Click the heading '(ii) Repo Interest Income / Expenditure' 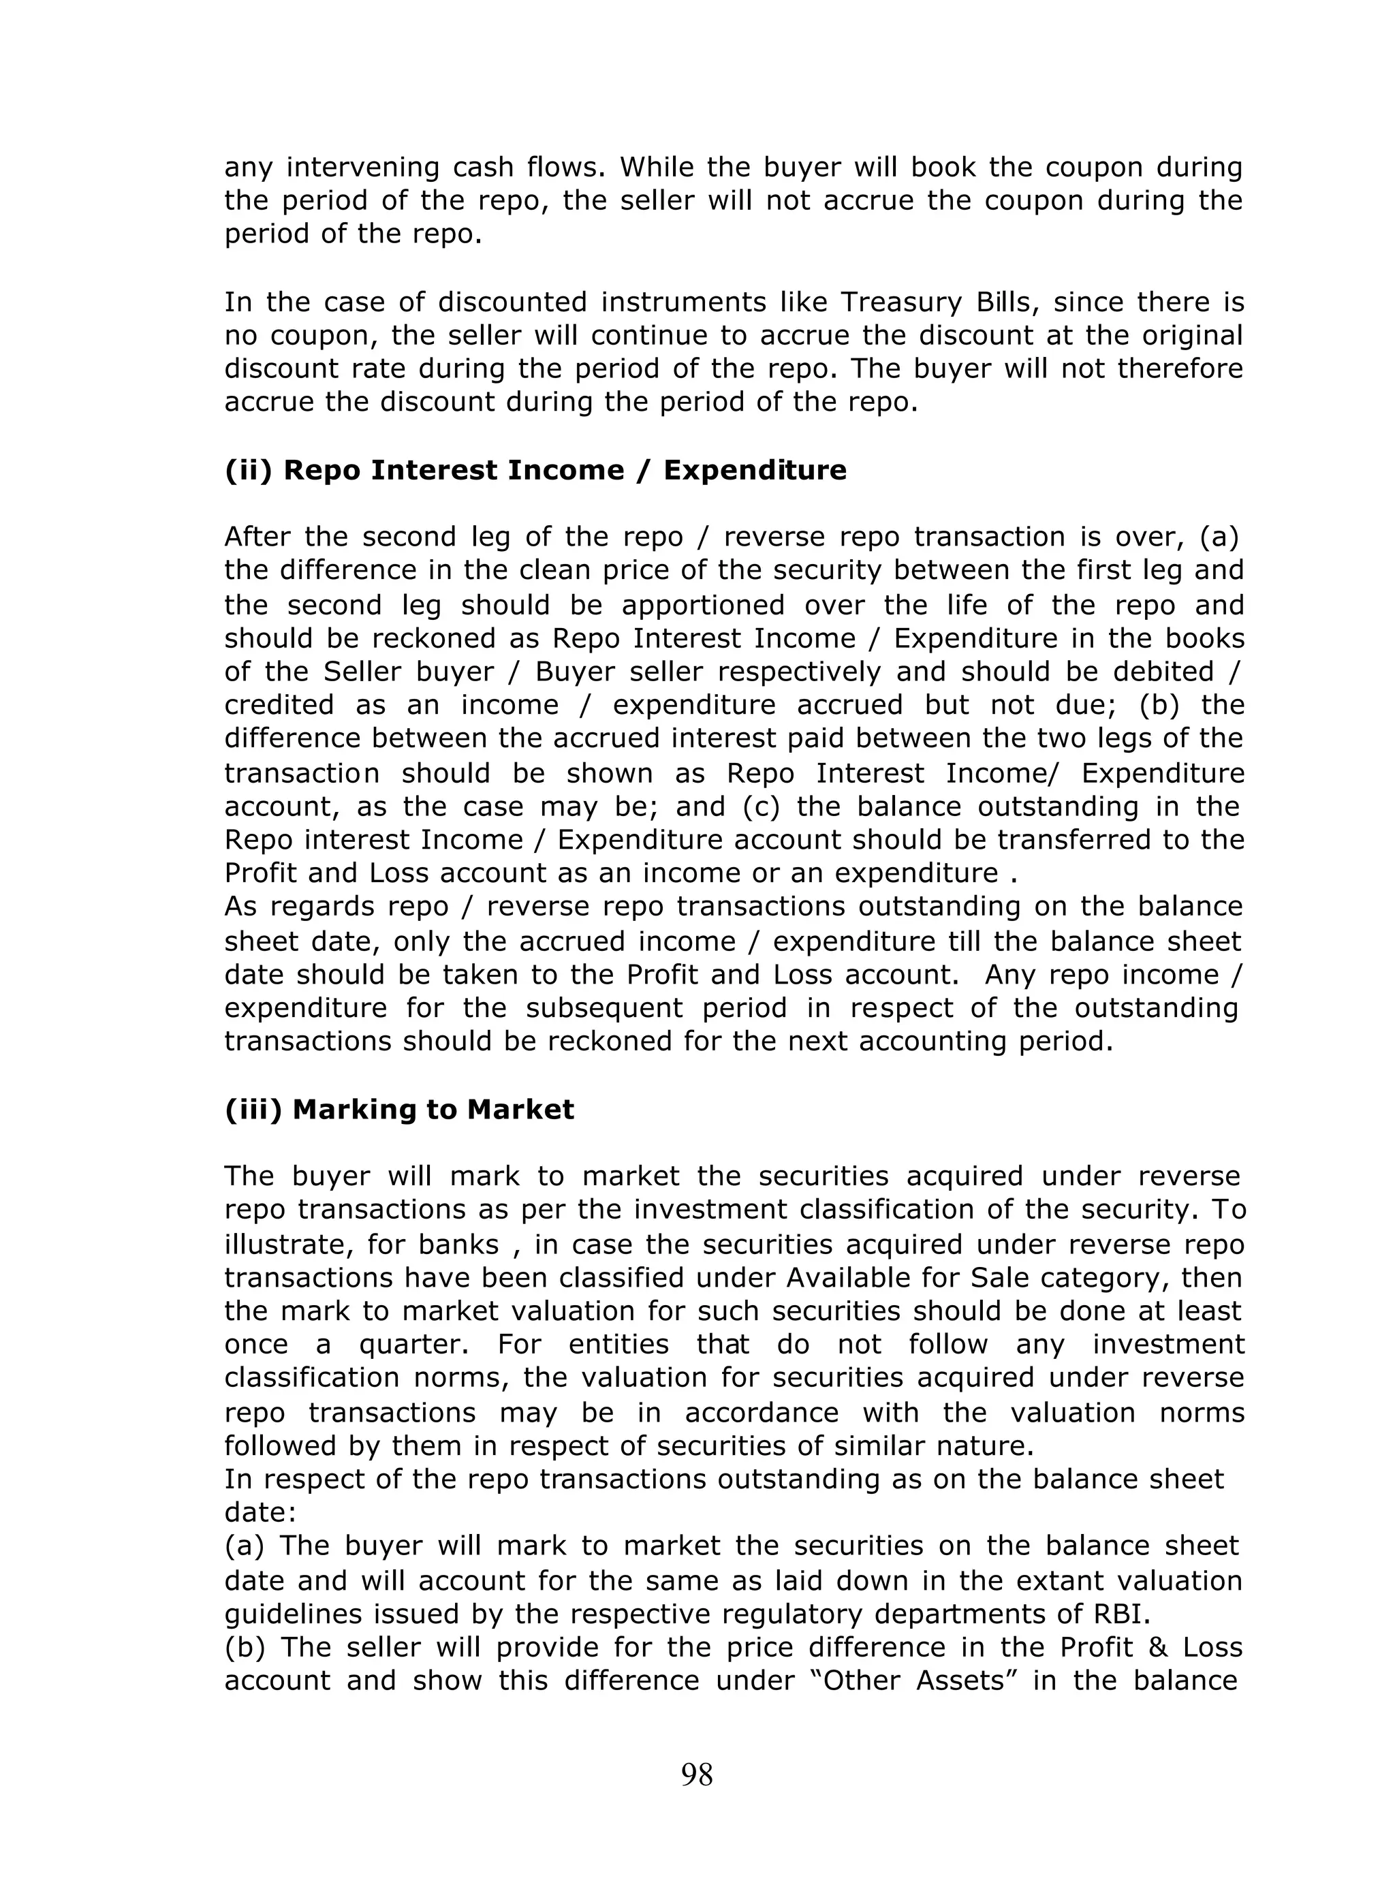pyautogui.click(x=535, y=470)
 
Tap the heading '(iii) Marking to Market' pyautogui.click(x=398, y=1110)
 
